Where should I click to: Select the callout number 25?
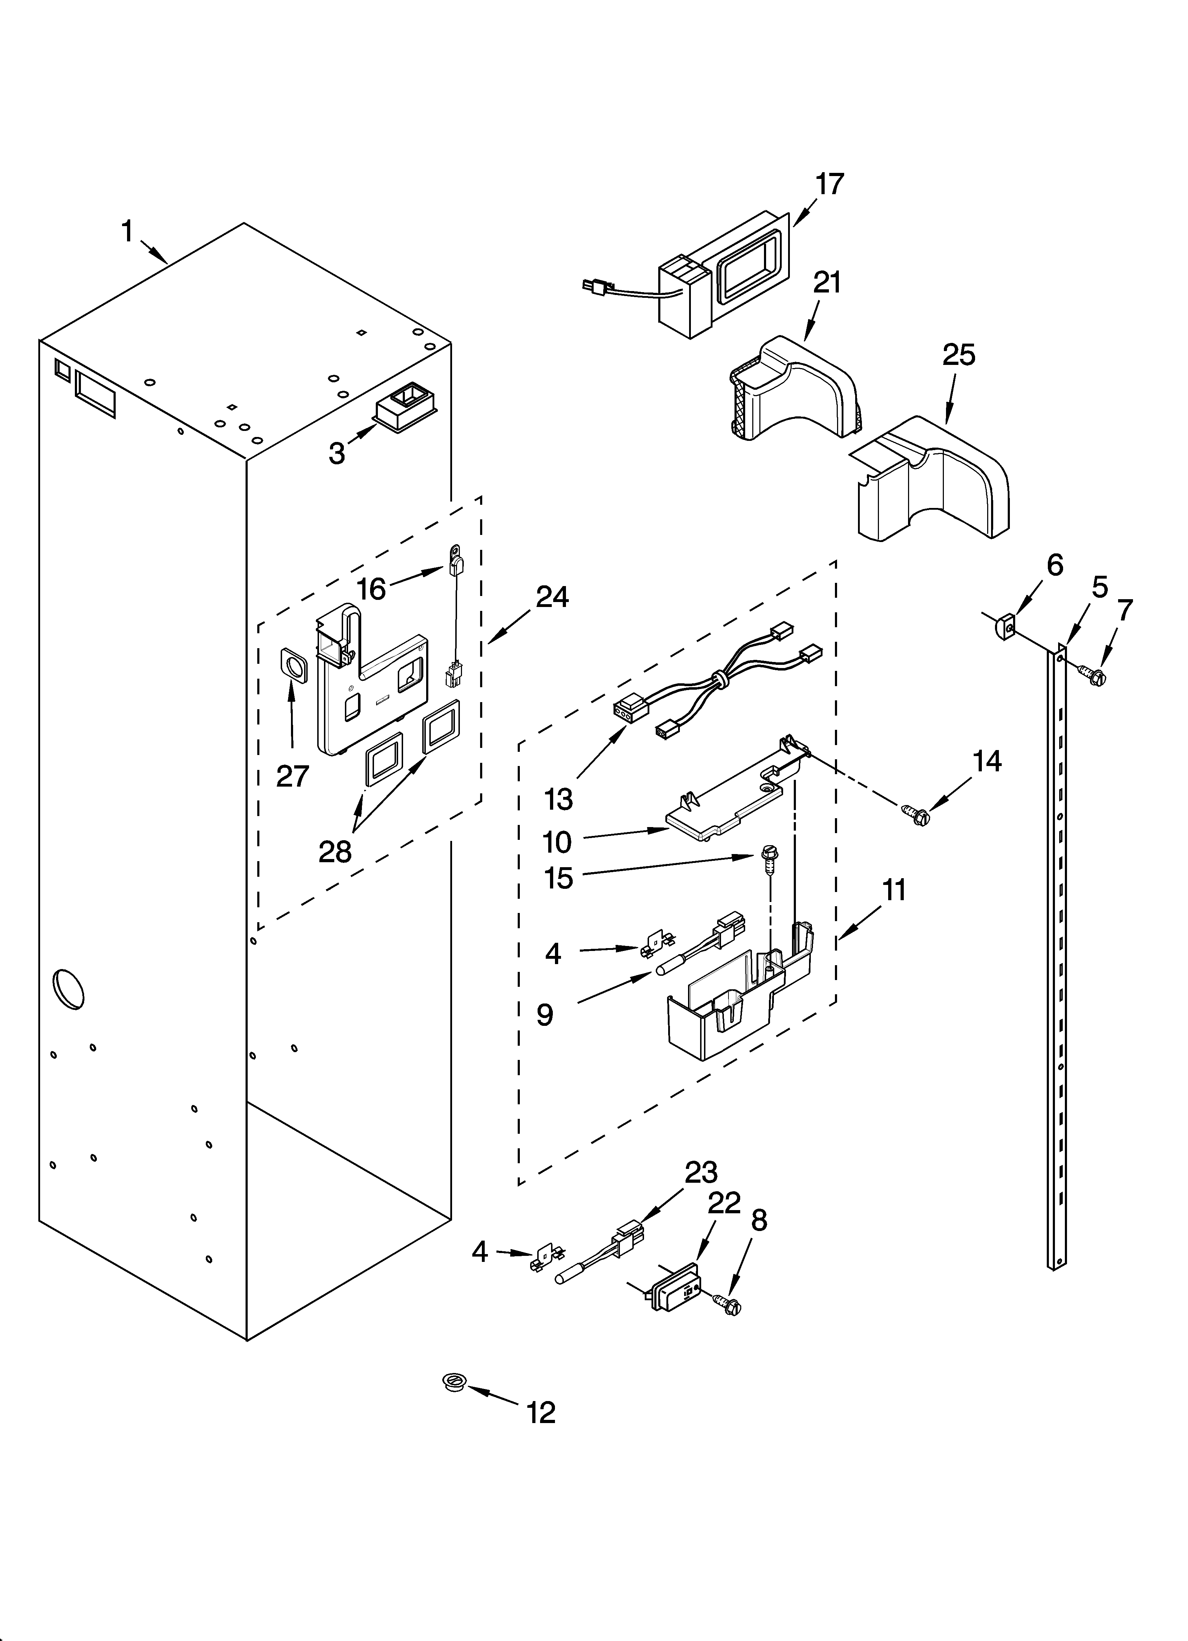pyautogui.click(x=959, y=355)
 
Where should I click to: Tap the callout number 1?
pyautogui.click(x=127, y=232)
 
